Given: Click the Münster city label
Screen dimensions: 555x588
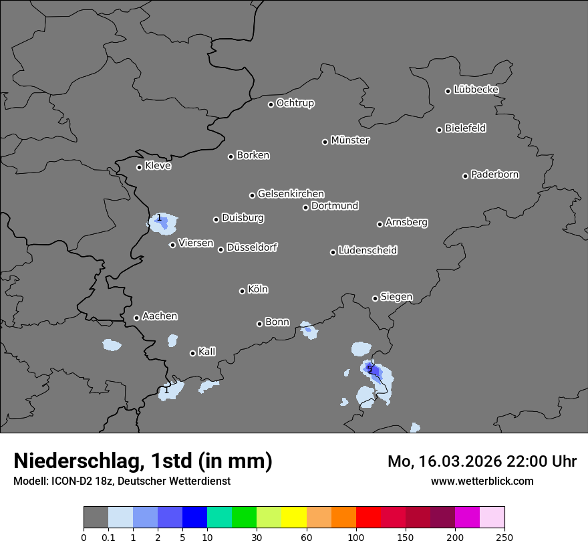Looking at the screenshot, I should [x=350, y=140].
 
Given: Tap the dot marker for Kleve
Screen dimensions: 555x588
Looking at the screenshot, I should [x=139, y=167].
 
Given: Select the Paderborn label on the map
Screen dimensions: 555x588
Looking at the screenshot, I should [x=494, y=175].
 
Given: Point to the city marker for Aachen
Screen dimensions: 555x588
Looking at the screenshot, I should [x=136, y=318].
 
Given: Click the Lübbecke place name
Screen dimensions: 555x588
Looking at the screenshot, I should [x=476, y=90].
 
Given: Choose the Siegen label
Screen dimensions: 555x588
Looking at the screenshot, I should [x=396, y=297].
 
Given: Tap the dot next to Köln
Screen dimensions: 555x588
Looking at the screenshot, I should [x=242, y=291].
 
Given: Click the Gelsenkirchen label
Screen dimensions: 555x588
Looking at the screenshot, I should [x=291, y=194].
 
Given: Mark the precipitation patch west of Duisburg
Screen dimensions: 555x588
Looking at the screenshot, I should [x=163, y=223].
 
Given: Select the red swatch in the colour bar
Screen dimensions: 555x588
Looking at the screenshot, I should [x=368, y=518].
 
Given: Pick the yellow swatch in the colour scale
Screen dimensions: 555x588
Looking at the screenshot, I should [x=294, y=518].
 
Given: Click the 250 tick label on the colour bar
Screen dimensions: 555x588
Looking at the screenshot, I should [x=504, y=537].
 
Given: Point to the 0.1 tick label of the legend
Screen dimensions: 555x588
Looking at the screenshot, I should [x=108, y=537].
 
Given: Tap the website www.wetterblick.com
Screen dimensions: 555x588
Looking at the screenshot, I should [x=482, y=481].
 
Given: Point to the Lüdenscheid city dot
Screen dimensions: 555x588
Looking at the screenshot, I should [x=333, y=252].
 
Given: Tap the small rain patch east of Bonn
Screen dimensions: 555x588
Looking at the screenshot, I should [x=308, y=329].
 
